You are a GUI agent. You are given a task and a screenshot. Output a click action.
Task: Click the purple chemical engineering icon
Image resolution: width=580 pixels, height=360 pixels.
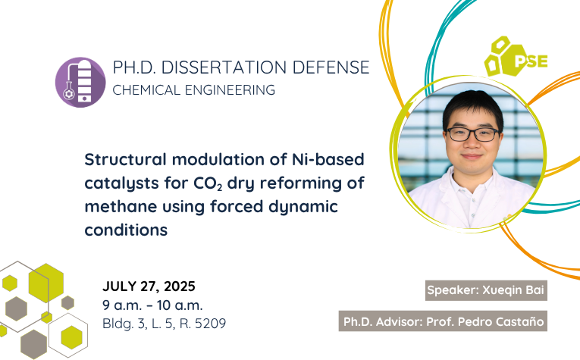(x=80, y=82)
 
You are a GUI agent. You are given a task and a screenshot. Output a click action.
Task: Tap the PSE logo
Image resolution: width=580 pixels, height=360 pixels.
(x=516, y=57)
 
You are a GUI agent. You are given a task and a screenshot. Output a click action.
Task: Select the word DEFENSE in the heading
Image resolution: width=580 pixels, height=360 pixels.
(x=331, y=67)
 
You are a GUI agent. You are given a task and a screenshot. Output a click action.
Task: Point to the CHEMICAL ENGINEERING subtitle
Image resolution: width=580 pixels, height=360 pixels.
(x=194, y=90)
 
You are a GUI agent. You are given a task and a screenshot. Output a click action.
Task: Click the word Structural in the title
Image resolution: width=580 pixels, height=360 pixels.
(x=125, y=159)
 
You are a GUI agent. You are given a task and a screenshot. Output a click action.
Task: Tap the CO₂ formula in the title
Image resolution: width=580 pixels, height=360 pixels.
(x=208, y=183)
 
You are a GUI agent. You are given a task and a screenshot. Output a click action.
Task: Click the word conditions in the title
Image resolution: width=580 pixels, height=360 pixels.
(x=126, y=230)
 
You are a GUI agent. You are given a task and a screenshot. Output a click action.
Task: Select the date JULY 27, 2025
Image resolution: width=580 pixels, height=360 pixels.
(x=149, y=286)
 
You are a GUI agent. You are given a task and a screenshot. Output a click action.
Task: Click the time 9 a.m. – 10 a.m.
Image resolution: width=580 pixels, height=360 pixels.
(x=152, y=305)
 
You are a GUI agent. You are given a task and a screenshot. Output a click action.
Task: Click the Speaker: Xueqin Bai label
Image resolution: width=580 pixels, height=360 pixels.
(x=486, y=290)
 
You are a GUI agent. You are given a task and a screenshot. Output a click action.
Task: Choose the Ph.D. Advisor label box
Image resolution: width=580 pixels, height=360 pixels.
(x=443, y=321)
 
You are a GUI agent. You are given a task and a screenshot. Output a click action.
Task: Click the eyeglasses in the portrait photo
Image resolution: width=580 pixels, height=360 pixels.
(x=473, y=134)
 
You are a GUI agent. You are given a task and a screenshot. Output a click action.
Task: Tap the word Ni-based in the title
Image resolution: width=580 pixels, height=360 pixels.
(x=328, y=159)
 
